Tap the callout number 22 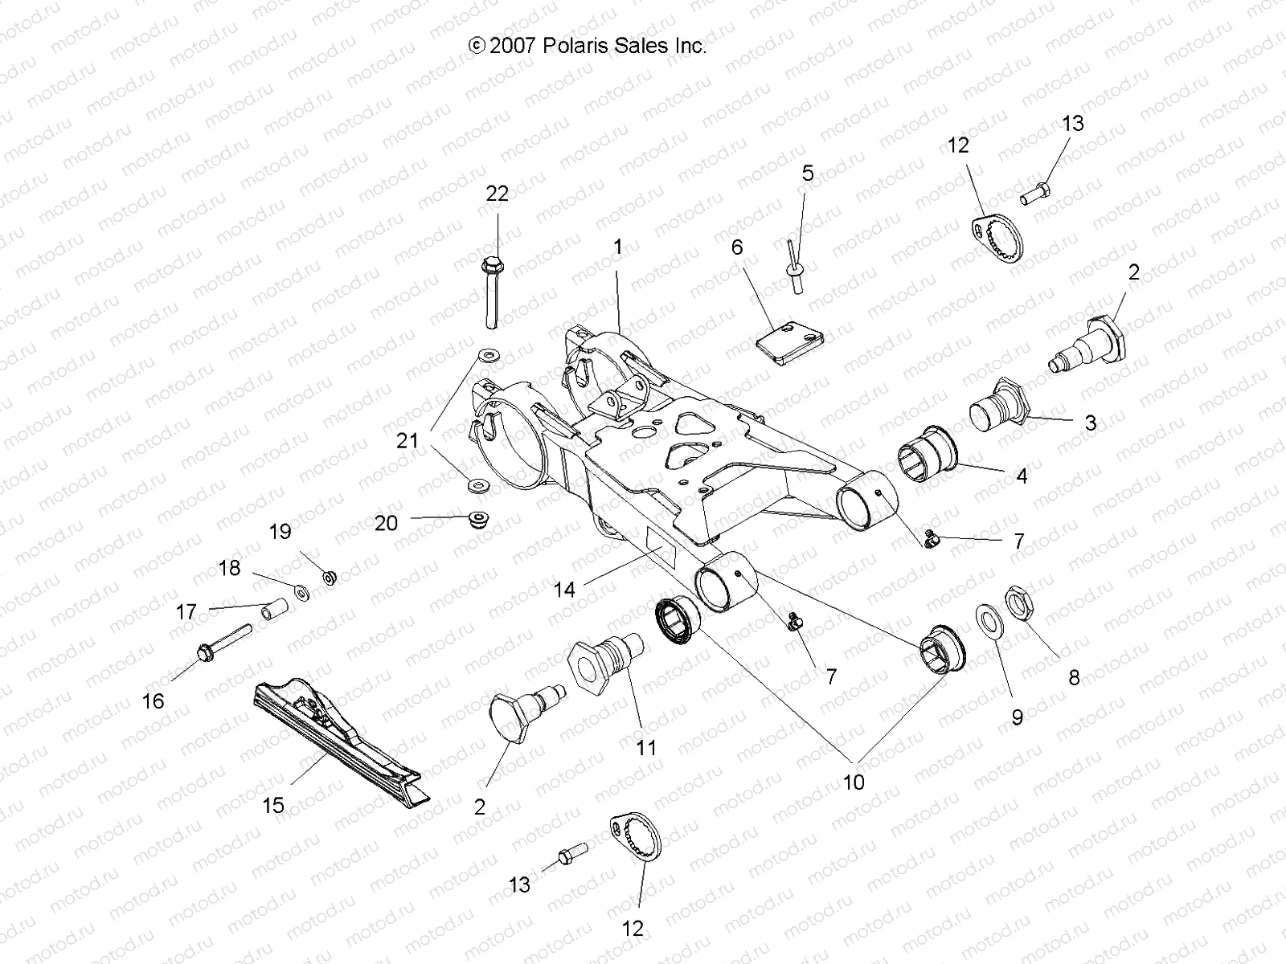point(498,194)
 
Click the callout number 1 point(617,247)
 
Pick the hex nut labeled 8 point(1019,602)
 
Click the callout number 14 point(564,590)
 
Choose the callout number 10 point(853,782)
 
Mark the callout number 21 point(408,440)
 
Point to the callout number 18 point(229,568)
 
